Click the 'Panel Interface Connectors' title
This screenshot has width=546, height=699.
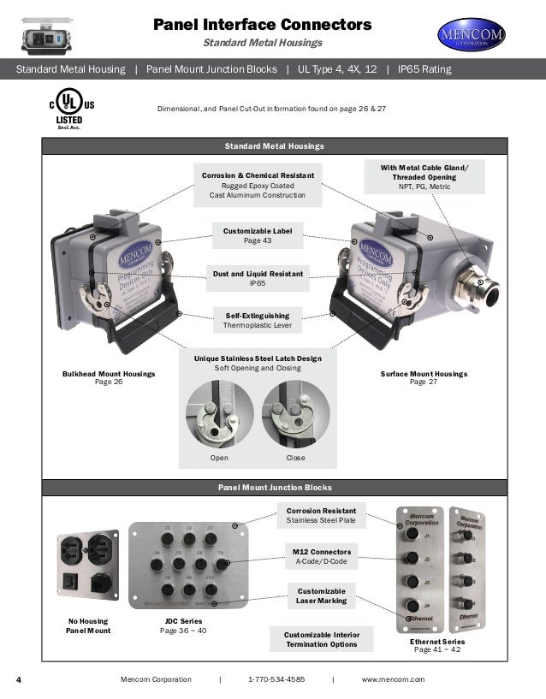pos(262,25)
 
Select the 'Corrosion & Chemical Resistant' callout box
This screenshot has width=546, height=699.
pos(258,185)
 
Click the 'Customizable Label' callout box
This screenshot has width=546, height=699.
pos(258,236)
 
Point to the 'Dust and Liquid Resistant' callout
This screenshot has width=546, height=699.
pos(258,277)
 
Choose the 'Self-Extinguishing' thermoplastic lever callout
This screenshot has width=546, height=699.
pos(258,320)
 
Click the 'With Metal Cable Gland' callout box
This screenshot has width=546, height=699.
pos(429,176)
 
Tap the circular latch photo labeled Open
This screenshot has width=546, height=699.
pos(218,413)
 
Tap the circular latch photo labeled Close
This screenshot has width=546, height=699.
pos(295,413)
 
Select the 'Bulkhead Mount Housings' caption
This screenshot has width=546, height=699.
pos(109,377)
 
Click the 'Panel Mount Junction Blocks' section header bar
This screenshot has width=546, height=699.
pos(274,487)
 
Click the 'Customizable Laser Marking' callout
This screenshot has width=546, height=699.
pos(321,595)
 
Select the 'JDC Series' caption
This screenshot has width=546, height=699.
pos(182,625)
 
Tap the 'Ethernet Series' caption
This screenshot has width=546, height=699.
pos(436,644)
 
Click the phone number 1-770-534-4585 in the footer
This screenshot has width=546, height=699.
pos(276,678)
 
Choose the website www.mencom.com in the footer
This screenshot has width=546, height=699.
pos(393,678)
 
